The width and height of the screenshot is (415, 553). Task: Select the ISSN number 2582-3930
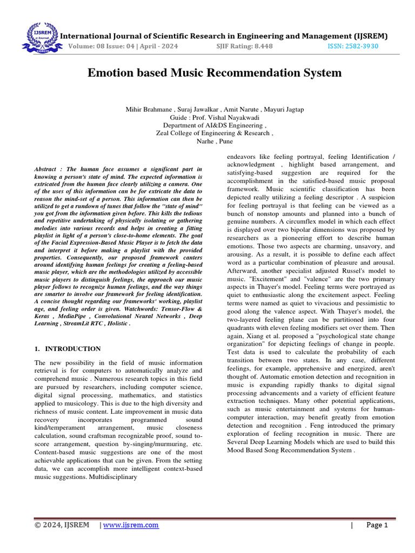[x=353, y=46]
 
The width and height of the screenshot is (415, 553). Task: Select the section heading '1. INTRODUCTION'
[x=68, y=349]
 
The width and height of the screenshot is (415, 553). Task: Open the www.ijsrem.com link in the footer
[x=131, y=525]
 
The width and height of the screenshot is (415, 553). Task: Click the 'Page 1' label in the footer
[x=377, y=525]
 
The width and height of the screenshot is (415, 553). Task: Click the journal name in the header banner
[x=223, y=36]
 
